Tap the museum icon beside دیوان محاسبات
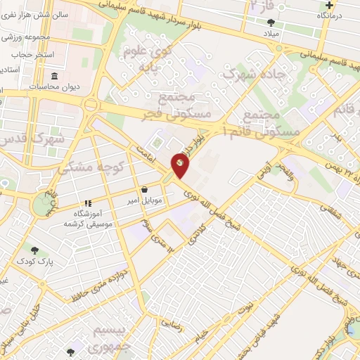54,76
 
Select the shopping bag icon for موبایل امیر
144,189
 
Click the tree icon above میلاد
271,22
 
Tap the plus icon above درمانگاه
328,4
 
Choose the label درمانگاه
328,15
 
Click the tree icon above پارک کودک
34,250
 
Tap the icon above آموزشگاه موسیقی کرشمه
88,202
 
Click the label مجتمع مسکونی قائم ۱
270,123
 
